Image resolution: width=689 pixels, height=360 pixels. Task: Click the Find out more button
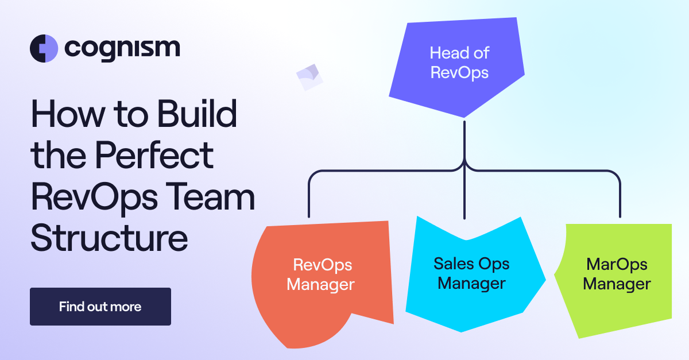pyautogui.click(x=100, y=307)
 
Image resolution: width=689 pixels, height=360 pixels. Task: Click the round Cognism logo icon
pyautogui.click(x=44, y=48)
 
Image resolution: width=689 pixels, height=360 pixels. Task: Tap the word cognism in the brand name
pyautogui.click(x=122, y=48)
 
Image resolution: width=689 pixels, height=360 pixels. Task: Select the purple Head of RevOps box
pyautogui.click(x=459, y=63)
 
